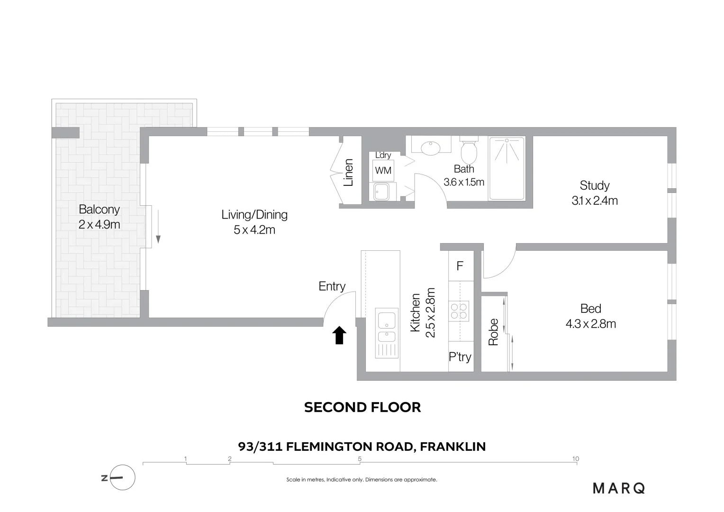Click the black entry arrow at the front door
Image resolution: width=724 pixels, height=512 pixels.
[x=339, y=335]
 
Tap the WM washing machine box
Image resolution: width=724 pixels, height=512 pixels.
[x=383, y=170]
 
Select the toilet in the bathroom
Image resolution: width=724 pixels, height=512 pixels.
[x=469, y=151]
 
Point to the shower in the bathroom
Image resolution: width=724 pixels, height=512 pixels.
[x=507, y=168]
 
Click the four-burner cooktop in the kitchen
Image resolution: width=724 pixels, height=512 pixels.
[x=459, y=311]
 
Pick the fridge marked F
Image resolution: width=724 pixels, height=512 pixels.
[x=460, y=266]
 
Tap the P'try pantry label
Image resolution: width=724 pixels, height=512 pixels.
[x=460, y=357]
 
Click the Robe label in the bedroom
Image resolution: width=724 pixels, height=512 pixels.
[x=493, y=332]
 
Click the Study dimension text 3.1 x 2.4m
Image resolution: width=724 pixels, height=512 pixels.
[x=595, y=201]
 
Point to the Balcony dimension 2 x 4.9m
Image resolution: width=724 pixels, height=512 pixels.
[x=100, y=224]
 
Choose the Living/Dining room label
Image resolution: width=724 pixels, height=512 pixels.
[x=254, y=215]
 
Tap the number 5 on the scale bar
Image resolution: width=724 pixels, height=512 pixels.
[x=360, y=458]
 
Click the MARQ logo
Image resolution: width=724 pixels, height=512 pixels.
[x=619, y=488]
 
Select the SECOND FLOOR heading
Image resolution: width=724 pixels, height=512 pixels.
[x=362, y=407]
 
